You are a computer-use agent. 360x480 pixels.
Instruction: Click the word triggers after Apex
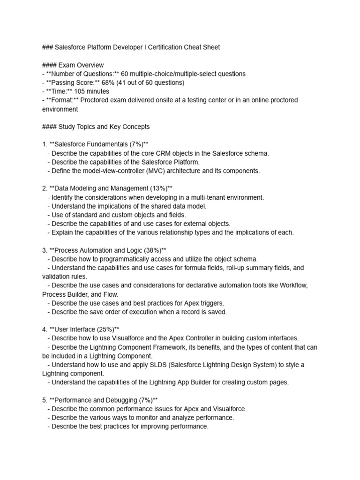(213, 303)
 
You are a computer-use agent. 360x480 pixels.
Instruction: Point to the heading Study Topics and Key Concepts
(104, 127)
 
